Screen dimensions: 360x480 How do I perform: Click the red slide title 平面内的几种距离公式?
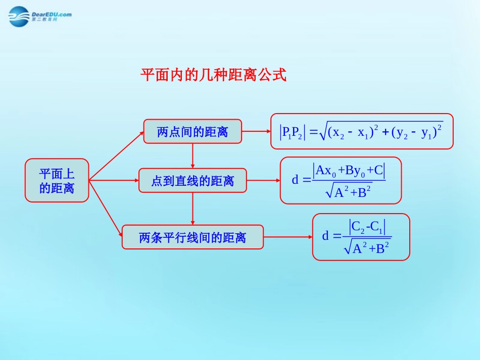click(x=213, y=76)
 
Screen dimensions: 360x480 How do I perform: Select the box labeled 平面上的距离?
click(x=57, y=181)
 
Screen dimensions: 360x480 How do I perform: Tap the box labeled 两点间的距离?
click(x=193, y=132)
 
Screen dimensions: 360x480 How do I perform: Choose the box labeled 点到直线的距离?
click(x=193, y=181)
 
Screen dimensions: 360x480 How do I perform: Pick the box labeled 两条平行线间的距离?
click(x=193, y=237)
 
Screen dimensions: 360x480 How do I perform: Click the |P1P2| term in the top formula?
click(x=292, y=132)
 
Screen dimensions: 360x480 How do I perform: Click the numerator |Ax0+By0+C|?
click(x=349, y=171)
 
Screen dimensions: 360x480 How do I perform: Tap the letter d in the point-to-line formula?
click(x=295, y=180)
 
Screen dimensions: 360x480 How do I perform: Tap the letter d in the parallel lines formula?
click(x=325, y=236)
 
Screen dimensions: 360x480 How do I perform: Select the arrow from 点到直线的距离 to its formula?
click(x=263, y=180)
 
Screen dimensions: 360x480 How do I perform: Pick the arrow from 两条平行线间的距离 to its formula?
click(x=287, y=237)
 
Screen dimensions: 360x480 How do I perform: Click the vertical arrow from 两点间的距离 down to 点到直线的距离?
click(x=193, y=156)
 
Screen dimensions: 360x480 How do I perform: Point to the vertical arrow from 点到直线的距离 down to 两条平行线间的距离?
click(x=193, y=209)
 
